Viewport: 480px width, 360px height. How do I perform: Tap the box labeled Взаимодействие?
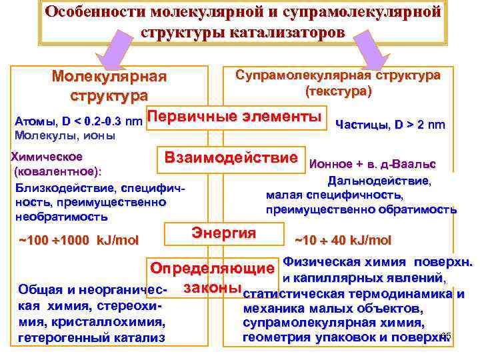coord(231,159)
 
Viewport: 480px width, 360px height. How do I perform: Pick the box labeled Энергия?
coord(224,233)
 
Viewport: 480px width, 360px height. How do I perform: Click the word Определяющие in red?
coord(212,270)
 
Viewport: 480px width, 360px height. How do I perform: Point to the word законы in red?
coord(211,287)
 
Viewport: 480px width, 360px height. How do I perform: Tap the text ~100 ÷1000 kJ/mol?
coord(78,240)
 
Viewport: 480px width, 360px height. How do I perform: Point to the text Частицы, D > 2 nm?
coord(391,124)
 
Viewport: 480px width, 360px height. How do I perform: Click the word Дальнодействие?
coord(379,180)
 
